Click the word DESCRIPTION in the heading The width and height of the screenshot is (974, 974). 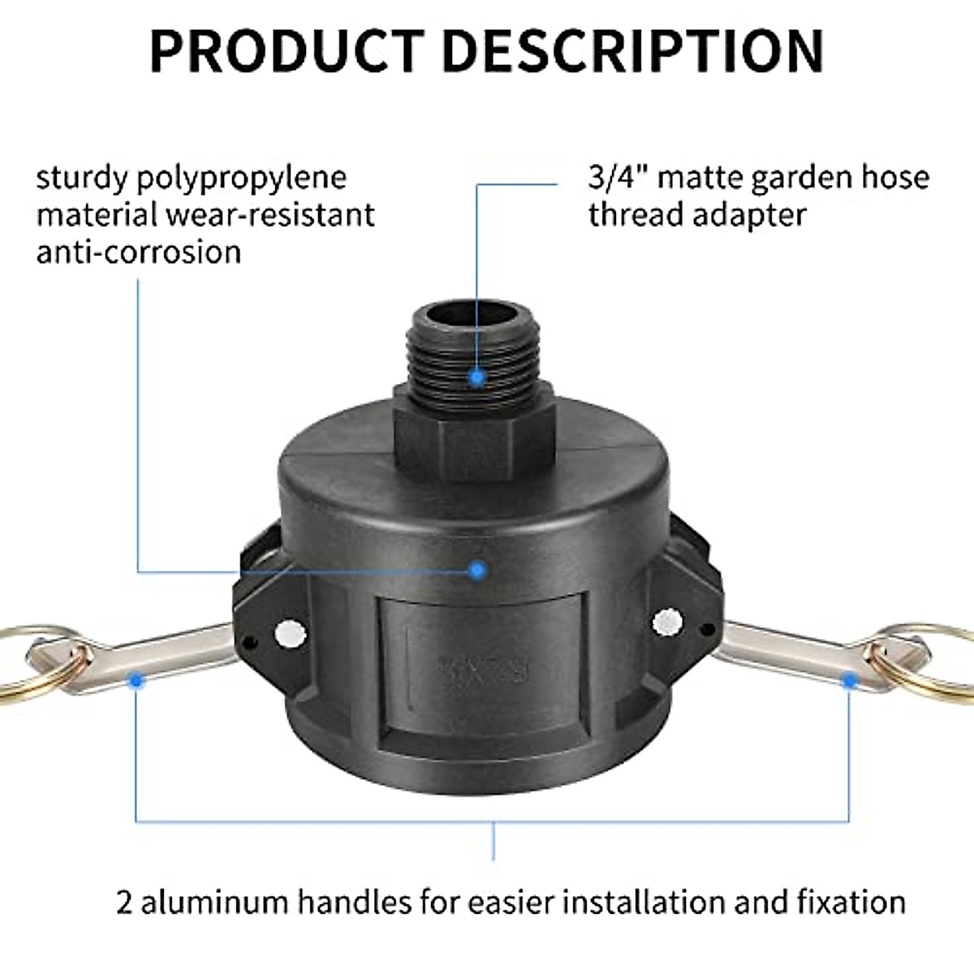tap(632, 50)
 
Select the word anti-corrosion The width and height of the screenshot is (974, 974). tap(139, 252)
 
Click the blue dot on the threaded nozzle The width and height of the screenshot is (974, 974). tap(477, 377)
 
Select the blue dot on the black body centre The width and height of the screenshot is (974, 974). tap(477, 571)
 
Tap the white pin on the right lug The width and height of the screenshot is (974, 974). tap(667, 623)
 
